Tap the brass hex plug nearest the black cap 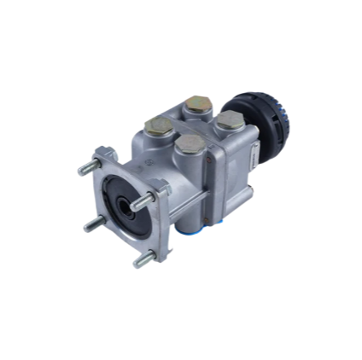tap(230, 120)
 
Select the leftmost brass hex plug tap(158, 126)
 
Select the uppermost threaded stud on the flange tap(88, 168)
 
